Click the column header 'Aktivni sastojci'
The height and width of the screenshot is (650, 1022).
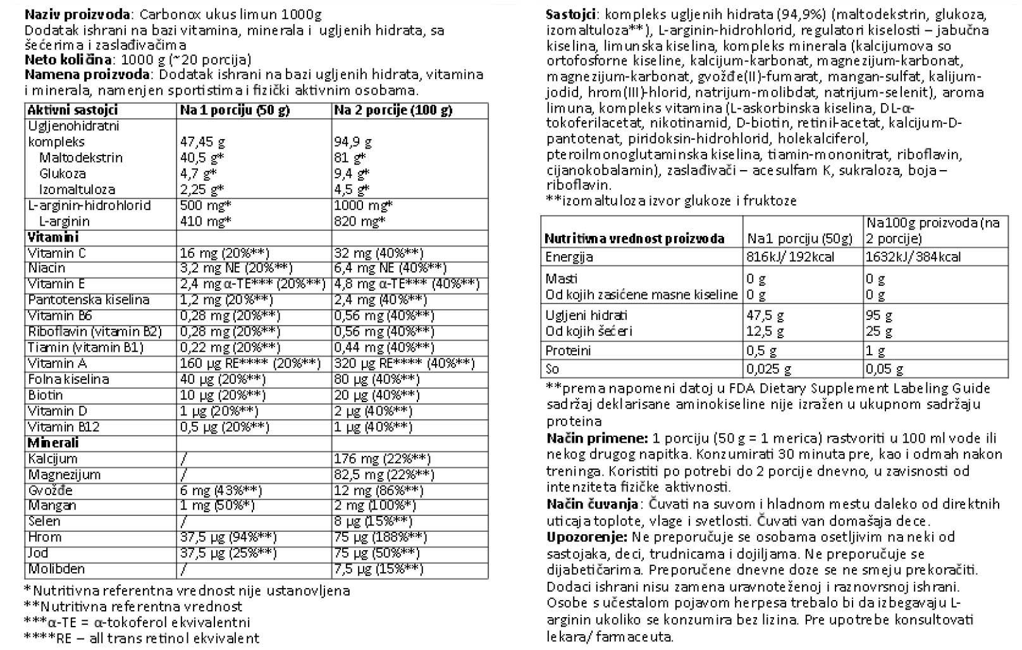tap(73, 110)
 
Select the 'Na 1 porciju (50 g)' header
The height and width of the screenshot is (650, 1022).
tap(235, 110)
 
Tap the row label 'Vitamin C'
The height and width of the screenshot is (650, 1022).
tap(57, 253)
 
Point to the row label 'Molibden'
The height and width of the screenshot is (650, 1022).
tap(56, 569)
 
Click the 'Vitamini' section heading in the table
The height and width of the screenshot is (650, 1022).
tap(52, 237)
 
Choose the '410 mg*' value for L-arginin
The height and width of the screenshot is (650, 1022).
tap(206, 221)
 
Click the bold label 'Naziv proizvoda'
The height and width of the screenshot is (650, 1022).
tap(78, 15)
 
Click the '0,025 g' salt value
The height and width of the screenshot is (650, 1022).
tap(768, 369)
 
